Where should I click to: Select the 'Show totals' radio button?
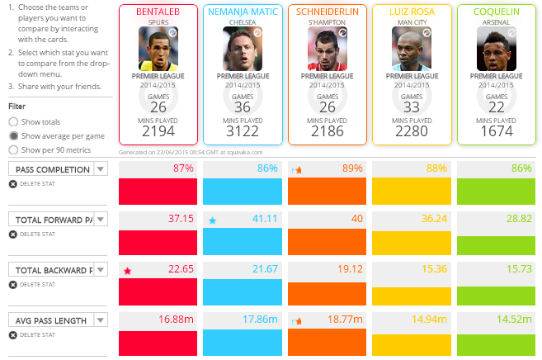13,121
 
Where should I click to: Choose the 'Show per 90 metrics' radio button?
13,149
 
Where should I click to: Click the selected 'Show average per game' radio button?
13,135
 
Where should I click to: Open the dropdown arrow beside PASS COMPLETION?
101,168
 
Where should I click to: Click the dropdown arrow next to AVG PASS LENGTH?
101,320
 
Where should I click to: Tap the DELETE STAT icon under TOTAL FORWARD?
12,234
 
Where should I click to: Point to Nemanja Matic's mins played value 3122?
242,131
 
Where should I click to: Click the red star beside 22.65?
127,271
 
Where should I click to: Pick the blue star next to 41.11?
213,220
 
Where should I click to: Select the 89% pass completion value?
351,168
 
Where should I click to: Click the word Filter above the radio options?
17,107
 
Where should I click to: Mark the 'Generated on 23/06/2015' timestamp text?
191,152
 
